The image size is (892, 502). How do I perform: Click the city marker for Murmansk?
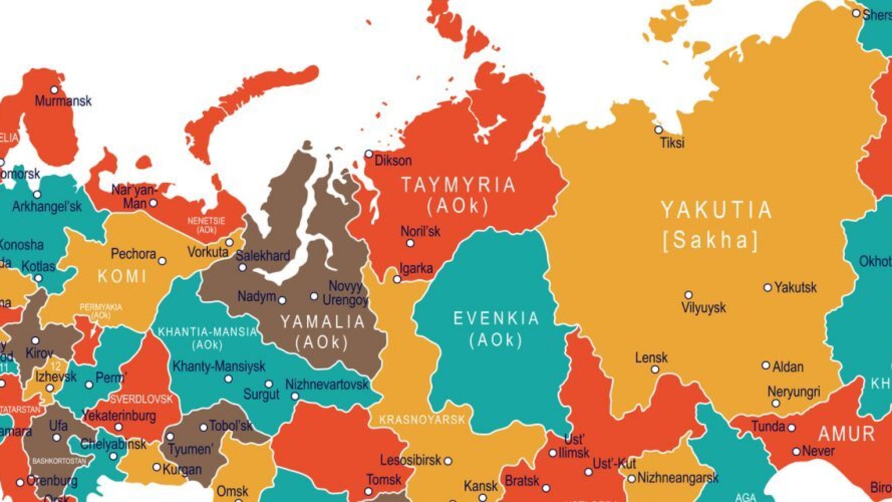(54, 90)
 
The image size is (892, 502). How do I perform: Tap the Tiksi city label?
(672, 143)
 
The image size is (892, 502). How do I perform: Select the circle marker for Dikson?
(369, 154)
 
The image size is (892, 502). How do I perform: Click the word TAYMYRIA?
(458, 185)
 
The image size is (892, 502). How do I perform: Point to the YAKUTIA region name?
(716, 210)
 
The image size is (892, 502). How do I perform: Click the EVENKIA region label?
(496, 319)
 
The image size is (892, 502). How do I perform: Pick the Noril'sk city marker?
(410, 243)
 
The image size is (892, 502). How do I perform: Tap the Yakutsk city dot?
(767, 287)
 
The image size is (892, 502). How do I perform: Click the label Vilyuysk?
(703, 307)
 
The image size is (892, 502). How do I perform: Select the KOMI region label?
(122, 277)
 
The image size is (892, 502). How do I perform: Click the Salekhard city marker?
(242, 267)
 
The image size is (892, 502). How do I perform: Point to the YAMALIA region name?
(323, 322)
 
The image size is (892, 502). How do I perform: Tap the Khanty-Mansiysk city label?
(218, 367)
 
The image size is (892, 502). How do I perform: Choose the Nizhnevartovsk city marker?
(295, 396)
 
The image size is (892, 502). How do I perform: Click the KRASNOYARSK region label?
(422, 419)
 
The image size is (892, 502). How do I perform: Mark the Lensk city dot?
(655, 369)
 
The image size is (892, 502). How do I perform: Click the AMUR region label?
(846, 434)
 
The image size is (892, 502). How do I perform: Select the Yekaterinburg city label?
(119, 416)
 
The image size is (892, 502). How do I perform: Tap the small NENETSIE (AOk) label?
(206, 225)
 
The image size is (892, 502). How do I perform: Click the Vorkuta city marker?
(229, 243)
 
